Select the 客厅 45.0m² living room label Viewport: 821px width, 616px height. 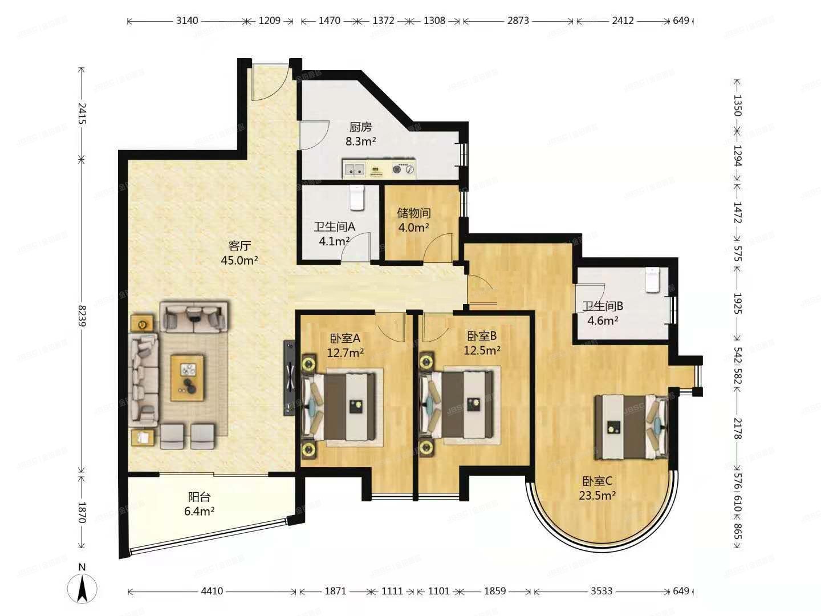click(239, 253)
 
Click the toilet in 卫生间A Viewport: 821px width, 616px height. click(356, 197)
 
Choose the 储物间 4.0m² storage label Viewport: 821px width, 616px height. click(414, 220)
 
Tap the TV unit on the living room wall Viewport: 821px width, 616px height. click(290, 378)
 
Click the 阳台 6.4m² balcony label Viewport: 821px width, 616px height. click(199, 504)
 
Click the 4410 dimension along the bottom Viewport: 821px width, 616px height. click(212, 591)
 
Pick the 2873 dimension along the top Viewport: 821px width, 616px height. click(518, 21)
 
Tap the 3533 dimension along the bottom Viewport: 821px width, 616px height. click(601, 591)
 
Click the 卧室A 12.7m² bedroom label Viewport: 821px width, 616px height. click(346, 345)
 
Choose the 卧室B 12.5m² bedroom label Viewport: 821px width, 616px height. click(482, 343)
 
